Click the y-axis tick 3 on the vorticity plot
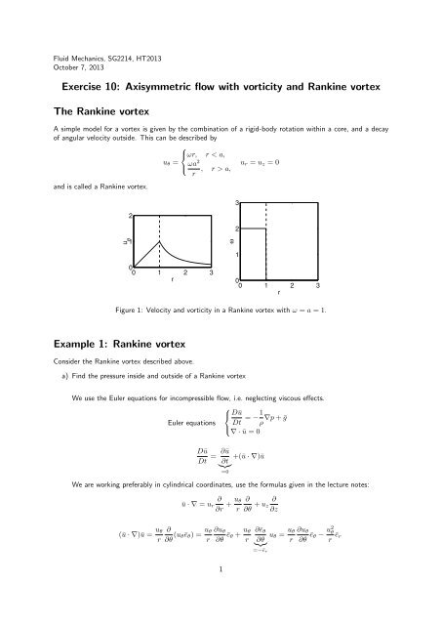point(237,202)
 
